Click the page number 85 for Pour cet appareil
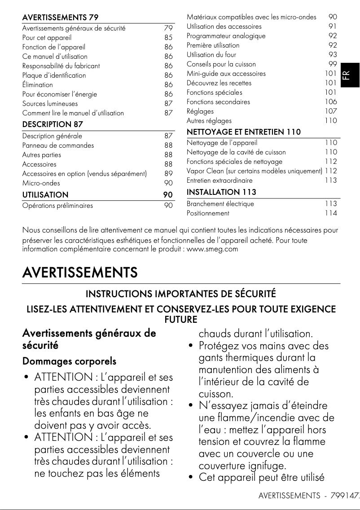[168, 38]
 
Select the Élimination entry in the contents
[38, 84]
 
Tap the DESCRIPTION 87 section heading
[53, 124]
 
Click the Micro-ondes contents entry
[41, 183]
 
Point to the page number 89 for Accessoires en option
[168, 174]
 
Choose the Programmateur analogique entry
[226, 36]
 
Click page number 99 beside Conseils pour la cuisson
[332, 64]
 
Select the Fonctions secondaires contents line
[218, 102]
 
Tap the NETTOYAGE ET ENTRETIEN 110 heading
[243, 132]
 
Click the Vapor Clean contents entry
[254, 171]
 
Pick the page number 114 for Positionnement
[331, 213]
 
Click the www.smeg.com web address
[212, 249]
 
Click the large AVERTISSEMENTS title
[80, 273]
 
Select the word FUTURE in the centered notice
[181, 320]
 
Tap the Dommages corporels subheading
[69, 361]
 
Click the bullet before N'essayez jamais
[191, 406]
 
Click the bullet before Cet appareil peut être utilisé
[191, 478]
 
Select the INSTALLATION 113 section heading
[221, 192]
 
